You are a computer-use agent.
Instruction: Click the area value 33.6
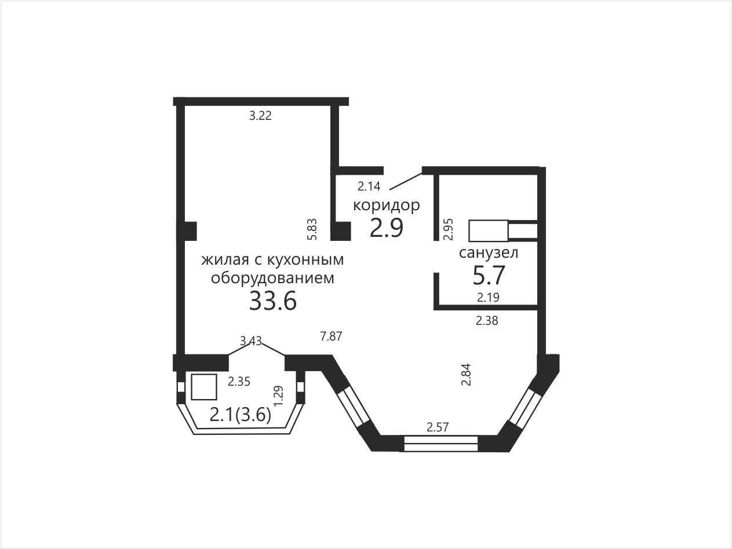point(273,301)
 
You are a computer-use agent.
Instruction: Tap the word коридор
point(387,206)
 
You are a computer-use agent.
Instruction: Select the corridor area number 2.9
point(387,228)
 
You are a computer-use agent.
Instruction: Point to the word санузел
point(489,252)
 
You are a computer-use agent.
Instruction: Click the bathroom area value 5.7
point(489,275)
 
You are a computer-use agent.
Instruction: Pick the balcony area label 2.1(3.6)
point(240,415)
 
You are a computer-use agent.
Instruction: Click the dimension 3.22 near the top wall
point(260,116)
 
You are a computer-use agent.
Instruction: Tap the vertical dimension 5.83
point(312,229)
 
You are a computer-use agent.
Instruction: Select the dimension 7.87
point(331,336)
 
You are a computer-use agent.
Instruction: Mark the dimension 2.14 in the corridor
point(369,186)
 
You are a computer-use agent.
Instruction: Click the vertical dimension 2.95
point(449,229)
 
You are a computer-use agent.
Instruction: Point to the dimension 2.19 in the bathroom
point(488,297)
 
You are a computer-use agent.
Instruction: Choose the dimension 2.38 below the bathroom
point(487,320)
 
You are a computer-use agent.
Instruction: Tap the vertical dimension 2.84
point(466,375)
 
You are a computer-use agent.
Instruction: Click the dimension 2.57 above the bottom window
point(438,427)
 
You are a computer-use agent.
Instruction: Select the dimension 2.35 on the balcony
point(239,382)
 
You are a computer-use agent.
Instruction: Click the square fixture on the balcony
point(204,387)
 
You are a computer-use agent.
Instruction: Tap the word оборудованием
point(272,278)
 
